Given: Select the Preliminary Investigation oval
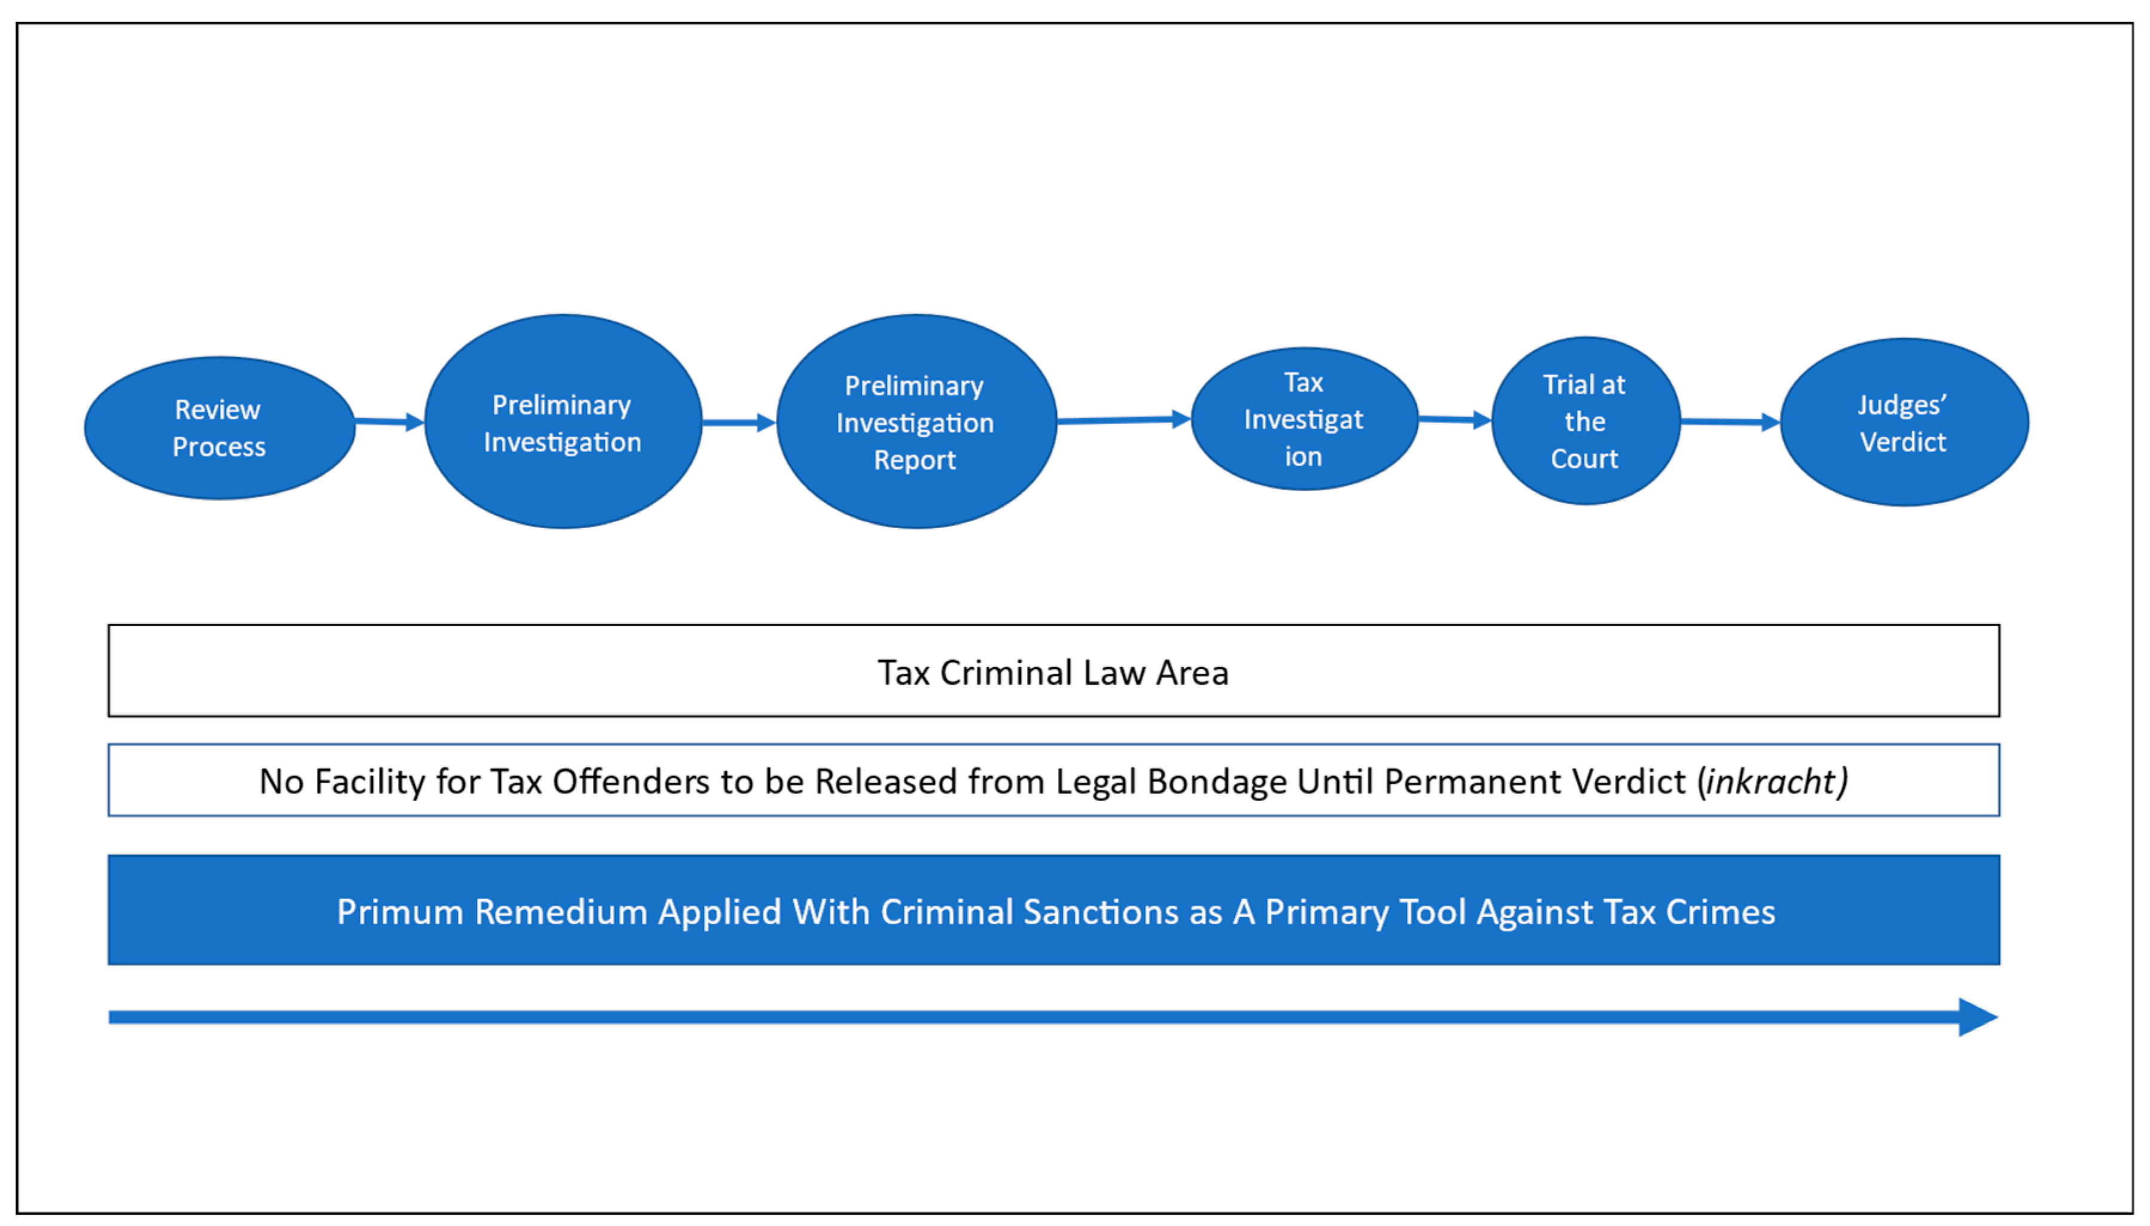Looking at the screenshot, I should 562,422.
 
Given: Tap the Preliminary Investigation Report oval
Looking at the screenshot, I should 916,422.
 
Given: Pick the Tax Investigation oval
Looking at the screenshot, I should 1304,418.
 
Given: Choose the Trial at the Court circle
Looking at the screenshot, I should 1585,421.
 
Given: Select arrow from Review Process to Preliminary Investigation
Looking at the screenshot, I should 389,422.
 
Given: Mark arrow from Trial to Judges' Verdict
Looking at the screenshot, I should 1730,422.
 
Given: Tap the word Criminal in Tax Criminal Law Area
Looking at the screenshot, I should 1005,673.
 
